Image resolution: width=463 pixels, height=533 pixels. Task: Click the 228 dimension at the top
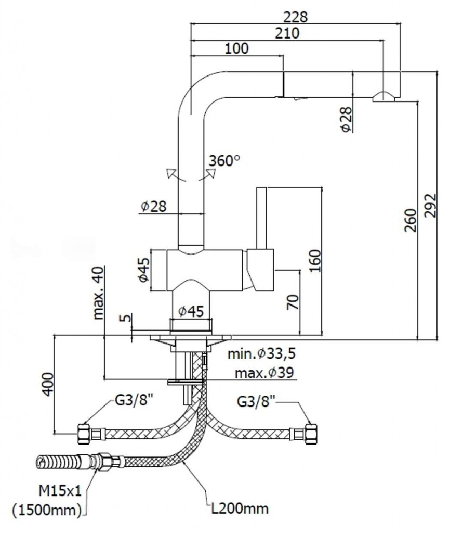(296, 17)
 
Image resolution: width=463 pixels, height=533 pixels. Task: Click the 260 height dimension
(410, 221)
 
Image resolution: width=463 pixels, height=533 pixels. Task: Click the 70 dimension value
(293, 302)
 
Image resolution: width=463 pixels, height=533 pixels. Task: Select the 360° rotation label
(224, 161)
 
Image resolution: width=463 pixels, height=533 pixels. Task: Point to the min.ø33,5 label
(261, 354)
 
